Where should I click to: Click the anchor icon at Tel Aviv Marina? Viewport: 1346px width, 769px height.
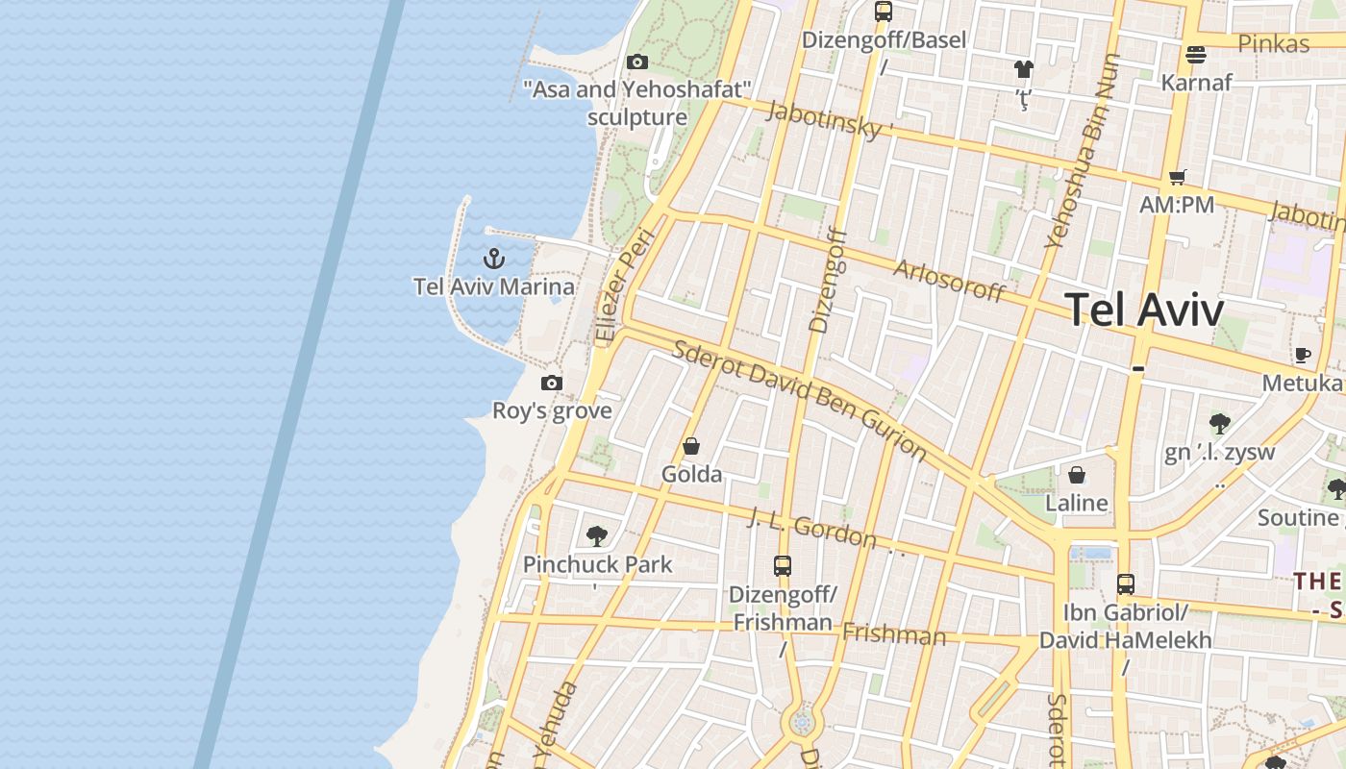click(493, 259)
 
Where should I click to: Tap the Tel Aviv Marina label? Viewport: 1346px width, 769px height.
click(494, 286)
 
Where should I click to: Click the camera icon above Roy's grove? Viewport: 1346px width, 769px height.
click(551, 383)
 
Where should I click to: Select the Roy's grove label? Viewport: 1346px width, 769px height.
click(552, 411)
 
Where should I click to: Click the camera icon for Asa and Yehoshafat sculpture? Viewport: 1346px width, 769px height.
click(636, 62)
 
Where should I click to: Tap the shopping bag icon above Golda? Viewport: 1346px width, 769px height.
click(690, 446)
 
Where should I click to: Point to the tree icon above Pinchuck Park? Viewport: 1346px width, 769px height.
click(597, 536)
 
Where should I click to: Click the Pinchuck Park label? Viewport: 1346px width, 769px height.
click(597, 564)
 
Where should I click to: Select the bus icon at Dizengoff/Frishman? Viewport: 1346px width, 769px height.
click(783, 566)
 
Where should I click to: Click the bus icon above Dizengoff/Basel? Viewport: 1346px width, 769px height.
click(884, 12)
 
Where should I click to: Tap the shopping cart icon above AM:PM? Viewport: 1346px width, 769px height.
click(1177, 177)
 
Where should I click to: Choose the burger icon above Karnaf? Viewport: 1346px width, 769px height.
click(1196, 55)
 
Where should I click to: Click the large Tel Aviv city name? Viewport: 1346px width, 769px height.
click(1144, 310)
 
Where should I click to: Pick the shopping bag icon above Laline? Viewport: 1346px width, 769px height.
click(1077, 475)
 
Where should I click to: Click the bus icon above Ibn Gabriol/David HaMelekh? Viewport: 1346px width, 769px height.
click(1125, 584)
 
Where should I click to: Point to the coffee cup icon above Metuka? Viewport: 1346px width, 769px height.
click(1303, 356)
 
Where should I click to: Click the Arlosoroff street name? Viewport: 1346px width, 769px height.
click(949, 280)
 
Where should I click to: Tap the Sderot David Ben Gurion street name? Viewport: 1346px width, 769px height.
click(799, 399)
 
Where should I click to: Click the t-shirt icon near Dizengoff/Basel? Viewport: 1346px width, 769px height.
click(1023, 69)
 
